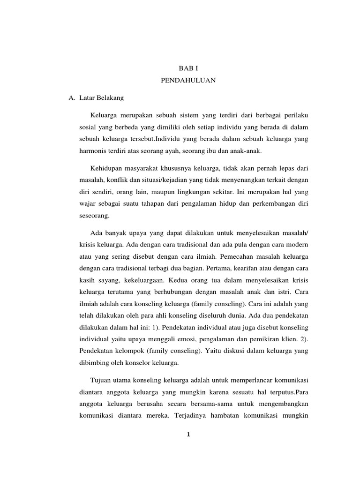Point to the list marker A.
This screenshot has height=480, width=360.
point(72,98)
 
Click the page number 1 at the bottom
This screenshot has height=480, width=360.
point(188,434)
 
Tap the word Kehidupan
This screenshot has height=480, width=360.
point(108,168)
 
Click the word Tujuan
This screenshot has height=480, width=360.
point(102,379)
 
